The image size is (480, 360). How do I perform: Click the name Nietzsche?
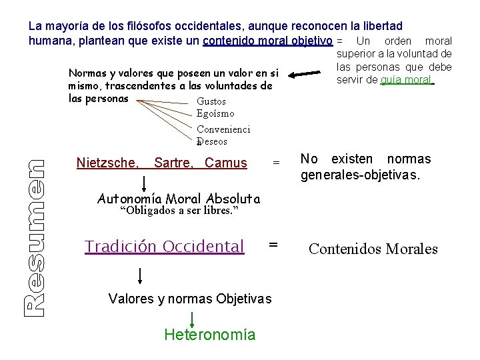coord(107,163)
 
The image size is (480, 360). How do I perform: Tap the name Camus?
coord(226,163)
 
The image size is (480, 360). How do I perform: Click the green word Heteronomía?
coord(209,335)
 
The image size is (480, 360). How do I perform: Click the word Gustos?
coord(211,102)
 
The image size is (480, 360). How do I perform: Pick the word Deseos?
coord(213,141)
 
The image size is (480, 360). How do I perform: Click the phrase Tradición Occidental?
coord(164,247)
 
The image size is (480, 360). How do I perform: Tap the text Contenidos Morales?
coord(373,249)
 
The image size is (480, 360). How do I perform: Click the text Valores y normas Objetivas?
coord(189,299)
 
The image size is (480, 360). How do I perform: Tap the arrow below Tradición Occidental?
coord(141,274)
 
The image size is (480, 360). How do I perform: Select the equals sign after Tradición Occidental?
coord(273,245)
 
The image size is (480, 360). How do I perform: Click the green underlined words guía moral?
coord(407,81)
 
